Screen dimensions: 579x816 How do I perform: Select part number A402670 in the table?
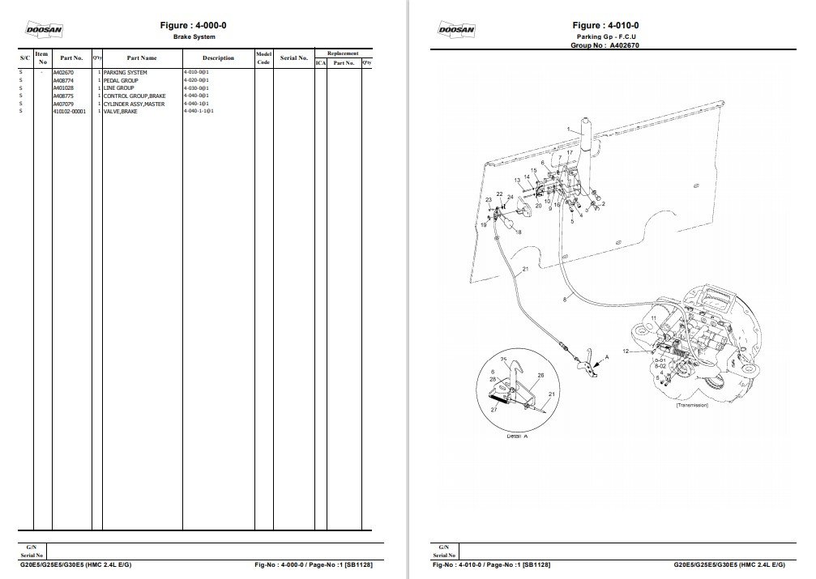coord(63,73)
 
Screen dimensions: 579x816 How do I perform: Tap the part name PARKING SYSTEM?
coord(126,73)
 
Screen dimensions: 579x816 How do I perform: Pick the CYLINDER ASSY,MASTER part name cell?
coord(134,104)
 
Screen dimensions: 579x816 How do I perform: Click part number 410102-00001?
coord(69,112)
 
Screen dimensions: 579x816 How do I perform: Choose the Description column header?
coord(218,58)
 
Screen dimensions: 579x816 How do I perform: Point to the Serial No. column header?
coord(293,58)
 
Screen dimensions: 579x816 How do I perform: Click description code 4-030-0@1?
coord(197,89)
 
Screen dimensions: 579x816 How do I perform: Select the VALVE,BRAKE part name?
coord(121,112)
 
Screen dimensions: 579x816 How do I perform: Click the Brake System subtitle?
coord(193,37)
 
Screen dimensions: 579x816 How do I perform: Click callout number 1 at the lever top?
coord(569,130)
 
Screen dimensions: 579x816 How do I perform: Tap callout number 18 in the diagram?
coord(518,232)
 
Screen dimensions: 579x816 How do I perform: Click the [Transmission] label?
coord(692,405)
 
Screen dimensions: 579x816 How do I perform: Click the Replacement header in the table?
coord(343,53)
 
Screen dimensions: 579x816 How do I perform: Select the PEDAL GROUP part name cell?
coord(122,81)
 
